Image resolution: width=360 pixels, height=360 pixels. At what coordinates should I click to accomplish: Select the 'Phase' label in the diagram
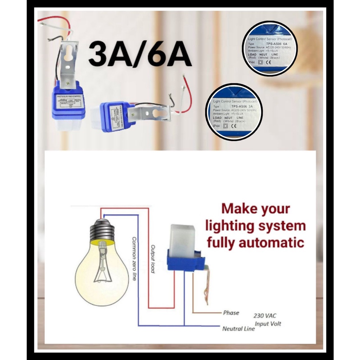click(x=231, y=313)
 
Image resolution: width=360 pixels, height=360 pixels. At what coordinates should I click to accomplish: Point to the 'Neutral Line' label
click(x=238, y=329)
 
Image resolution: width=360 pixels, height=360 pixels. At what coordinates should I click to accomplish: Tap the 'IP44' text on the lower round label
click(x=217, y=126)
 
